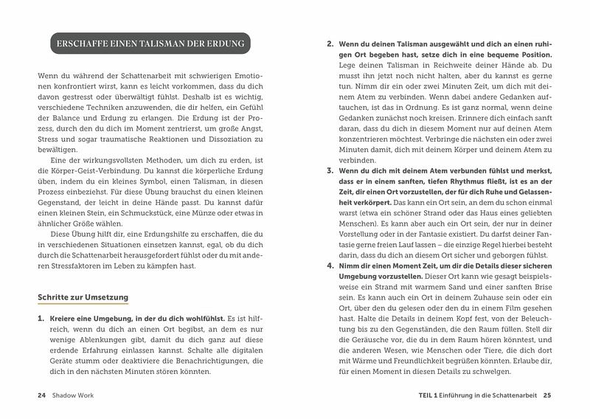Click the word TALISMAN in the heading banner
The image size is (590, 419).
[x=160, y=43]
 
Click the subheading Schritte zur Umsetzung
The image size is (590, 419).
[x=83, y=297]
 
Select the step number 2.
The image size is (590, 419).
[x=330, y=43]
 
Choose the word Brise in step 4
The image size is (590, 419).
[x=537, y=305]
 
